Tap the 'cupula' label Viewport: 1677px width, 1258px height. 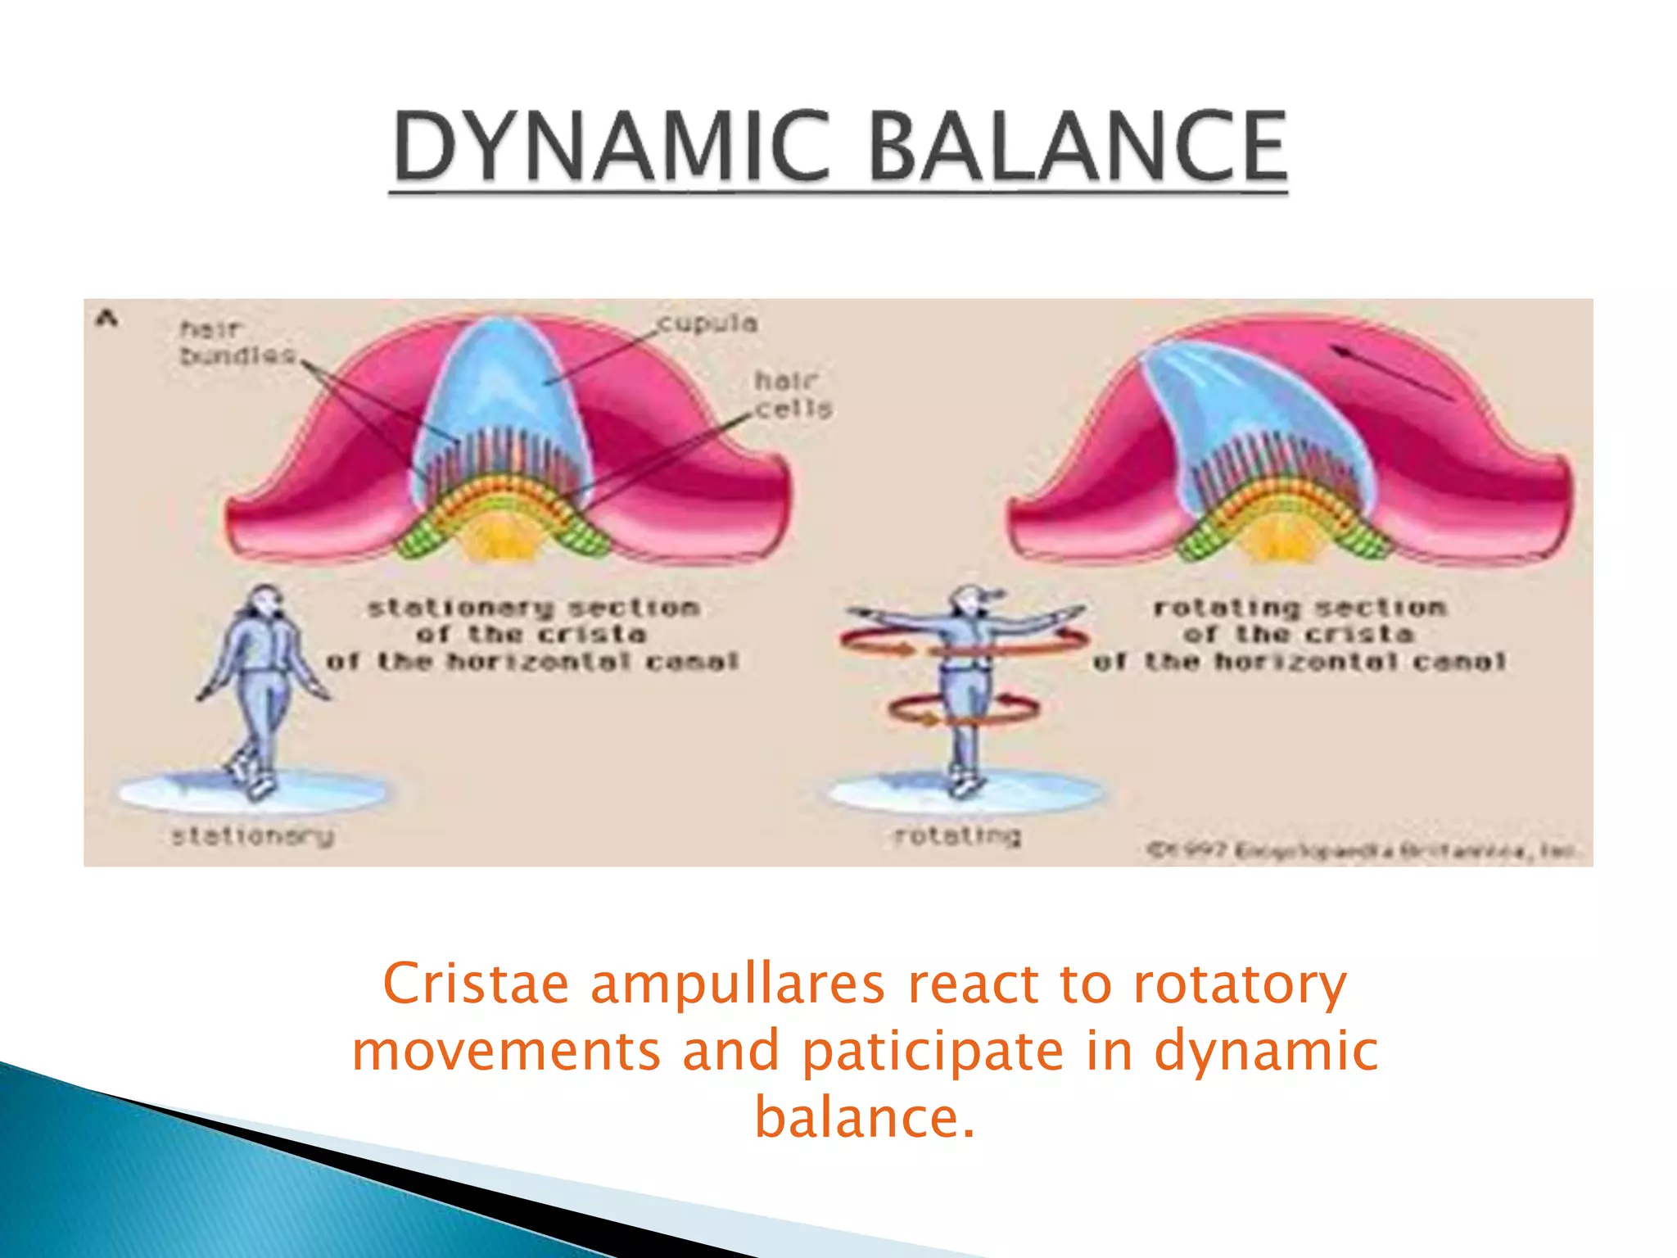tap(708, 323)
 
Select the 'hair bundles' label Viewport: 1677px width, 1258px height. tap(235, 342)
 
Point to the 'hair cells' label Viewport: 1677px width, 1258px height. tap(792, 394)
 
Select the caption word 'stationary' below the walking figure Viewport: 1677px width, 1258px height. tap(252, 836)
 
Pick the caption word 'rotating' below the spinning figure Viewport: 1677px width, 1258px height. tap(957, 835)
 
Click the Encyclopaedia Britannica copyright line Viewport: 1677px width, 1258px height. tap(1359, 851)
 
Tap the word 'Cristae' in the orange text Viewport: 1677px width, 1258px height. tap(475, 984)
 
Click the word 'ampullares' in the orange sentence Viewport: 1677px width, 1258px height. tap(737, 984)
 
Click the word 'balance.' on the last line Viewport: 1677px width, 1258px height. tap(865, 1117)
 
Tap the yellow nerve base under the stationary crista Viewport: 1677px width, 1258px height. tap(501, 541)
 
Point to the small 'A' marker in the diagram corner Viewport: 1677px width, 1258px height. tap(106, 319)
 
